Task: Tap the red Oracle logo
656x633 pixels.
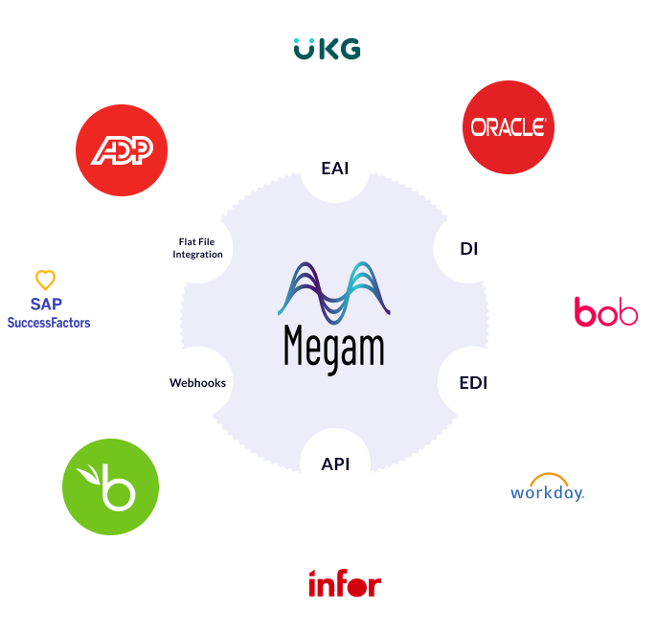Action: [509, 126]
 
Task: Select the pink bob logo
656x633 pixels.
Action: [606, 311]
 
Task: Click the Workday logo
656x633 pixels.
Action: [547, 489]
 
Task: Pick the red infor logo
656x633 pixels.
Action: [344, 583]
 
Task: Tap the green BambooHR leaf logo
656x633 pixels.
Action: [110, 487]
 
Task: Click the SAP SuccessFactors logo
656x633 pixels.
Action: [48, 311]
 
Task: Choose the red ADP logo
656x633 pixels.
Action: [122, 150]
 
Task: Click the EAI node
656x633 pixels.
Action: [334, 169]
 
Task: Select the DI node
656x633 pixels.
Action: [468, 249]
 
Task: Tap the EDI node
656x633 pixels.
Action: [473, 383]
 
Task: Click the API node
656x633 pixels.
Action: [335, 463]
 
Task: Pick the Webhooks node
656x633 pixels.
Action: [197, 383]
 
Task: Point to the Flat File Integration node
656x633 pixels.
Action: [198, 249]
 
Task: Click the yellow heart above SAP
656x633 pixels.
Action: [45, 281]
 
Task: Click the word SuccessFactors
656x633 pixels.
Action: [48, 324]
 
